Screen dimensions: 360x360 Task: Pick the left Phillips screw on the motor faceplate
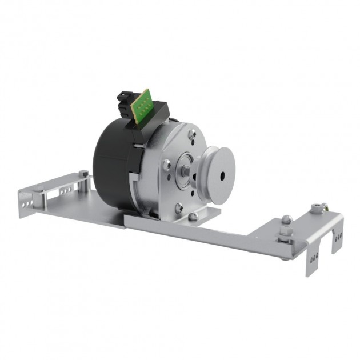click(166, 165)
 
